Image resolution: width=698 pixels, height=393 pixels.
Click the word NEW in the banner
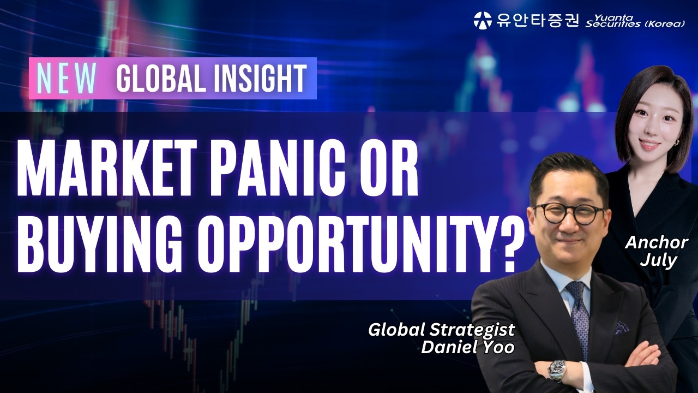66,79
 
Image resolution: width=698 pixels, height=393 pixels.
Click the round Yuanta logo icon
483,20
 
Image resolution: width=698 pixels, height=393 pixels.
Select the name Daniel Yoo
467,347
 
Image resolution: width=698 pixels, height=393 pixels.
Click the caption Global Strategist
441,330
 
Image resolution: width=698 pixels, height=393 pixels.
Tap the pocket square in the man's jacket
622,327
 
